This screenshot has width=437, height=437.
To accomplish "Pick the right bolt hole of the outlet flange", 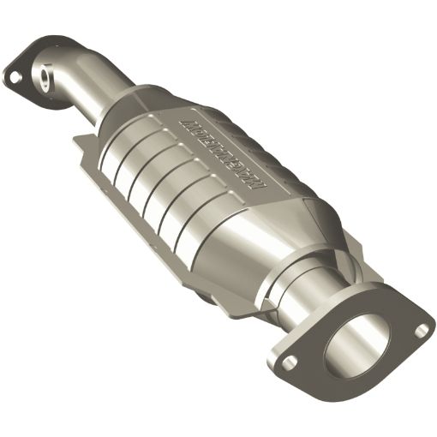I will click(x=420, y=326).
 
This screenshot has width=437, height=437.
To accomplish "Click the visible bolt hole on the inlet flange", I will click(x=15, y=76).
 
